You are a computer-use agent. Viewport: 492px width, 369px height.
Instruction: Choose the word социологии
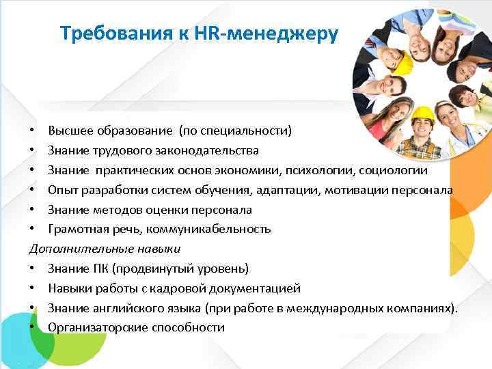click(x=394, y=169)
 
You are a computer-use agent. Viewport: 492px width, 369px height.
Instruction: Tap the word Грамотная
click(x=77, y=229)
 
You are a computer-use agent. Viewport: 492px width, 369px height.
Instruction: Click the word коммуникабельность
click(x=217, y=229)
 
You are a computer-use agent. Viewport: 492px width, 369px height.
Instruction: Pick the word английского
click(x=131, y=307)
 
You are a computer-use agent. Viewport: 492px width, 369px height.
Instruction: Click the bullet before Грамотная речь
click(x=33, y=229)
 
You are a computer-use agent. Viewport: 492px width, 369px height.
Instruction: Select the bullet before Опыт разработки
click(x=33, y=189)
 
